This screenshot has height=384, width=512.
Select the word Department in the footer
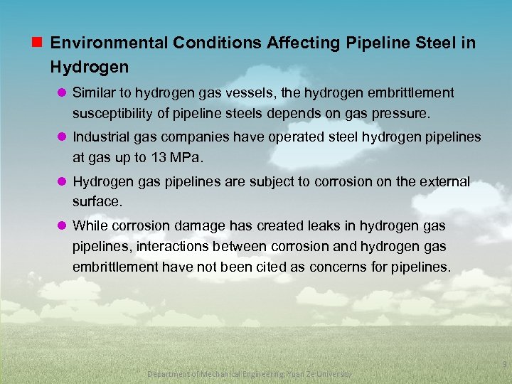(169, 374)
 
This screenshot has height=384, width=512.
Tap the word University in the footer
(333, 374)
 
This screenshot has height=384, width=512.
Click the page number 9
(503, 364)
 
